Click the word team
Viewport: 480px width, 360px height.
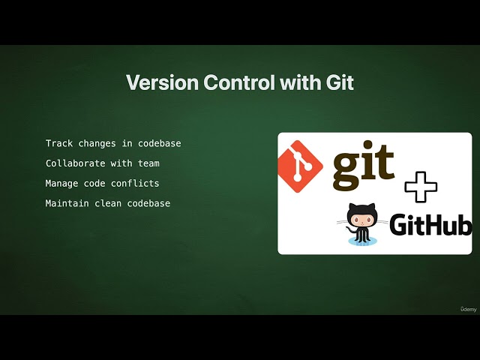tap(148, 163)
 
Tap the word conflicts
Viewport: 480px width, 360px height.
tap(136, 183)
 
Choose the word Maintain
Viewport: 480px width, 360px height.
tap(65, 203)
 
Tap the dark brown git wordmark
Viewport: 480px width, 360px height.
tap(363, 165)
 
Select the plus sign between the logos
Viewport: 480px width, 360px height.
tap(420, 186)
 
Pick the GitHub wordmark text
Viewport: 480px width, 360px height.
tap(430, 225)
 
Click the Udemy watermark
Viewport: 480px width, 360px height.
tap(468, 308)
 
